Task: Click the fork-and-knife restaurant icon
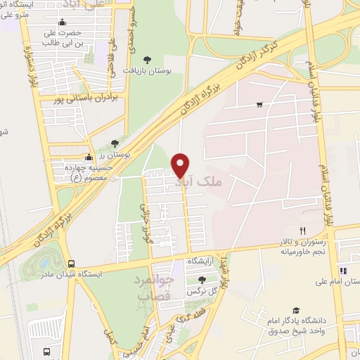(x=303, y=230)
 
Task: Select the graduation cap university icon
(x=295, y=310)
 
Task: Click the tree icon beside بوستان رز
(x=115, y=144)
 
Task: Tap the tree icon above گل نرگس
(x=202, y=280)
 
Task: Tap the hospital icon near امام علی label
(x=342, y=270)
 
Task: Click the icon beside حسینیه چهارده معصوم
(x=89, y=158)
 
